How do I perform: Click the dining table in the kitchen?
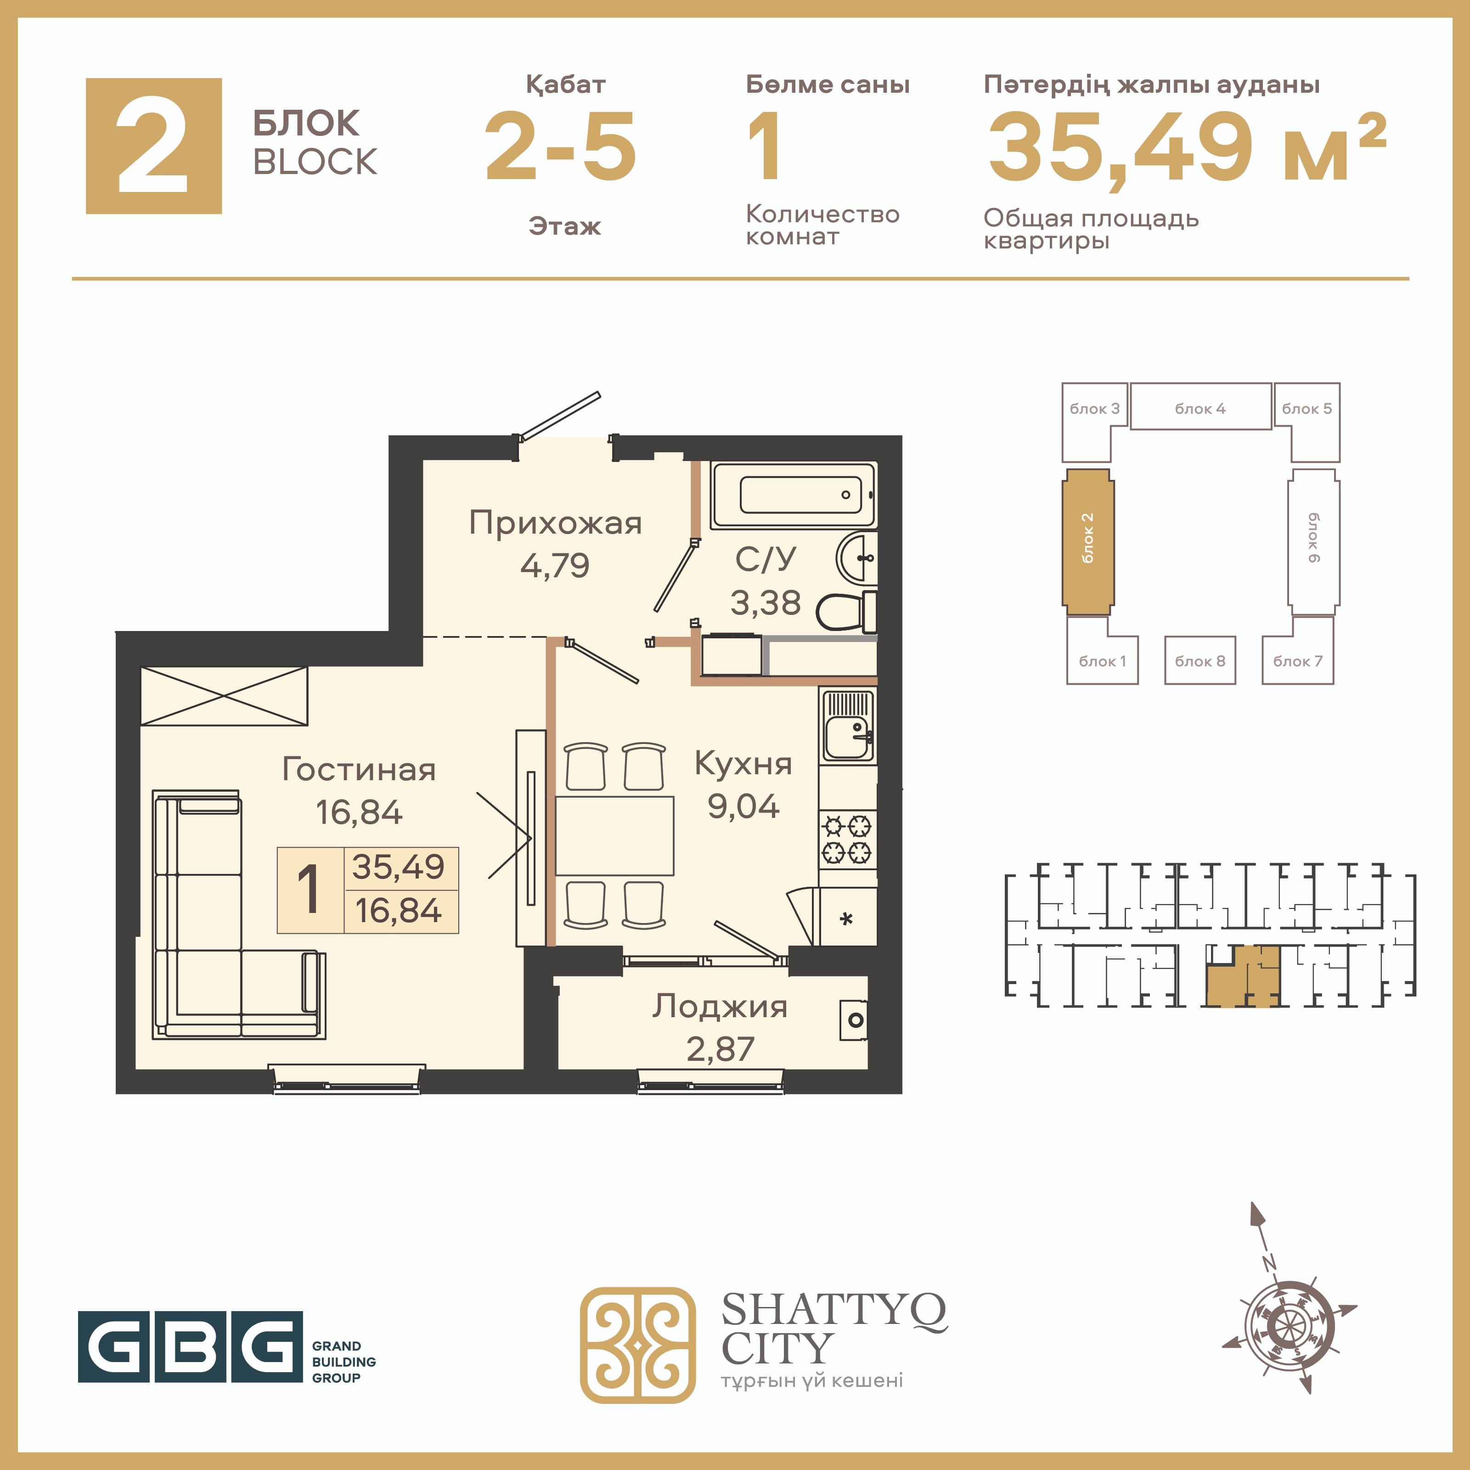[x=615, y=835]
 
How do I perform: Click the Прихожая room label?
[x=555, y=523]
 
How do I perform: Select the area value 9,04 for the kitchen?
[x=743, y=806]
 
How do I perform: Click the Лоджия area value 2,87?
[x=720, y=1049]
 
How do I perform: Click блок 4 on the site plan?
[x=1200, y=407]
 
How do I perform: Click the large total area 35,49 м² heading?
[x=1187, y=147]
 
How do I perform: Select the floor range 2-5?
[x=561, y=146]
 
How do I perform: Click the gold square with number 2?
[x=154, y=146]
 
